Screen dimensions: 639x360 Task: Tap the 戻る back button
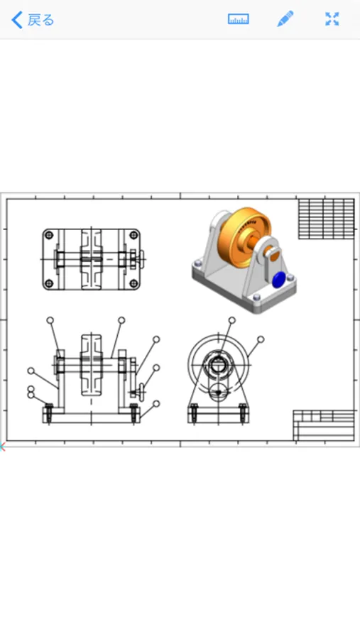click(33, 20)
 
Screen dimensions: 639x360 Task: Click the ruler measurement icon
click(238, 19)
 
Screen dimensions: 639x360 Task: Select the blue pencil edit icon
click(285, 19)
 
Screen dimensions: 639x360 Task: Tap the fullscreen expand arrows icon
click(332, 19)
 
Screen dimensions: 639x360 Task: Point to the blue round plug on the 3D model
click(278, 280)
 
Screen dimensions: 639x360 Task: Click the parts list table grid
click(325, 219)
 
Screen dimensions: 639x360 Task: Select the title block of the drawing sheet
click(324, 425)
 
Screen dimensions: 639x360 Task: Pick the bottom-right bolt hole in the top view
click(133, 283)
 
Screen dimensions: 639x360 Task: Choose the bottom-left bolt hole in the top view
click(49, 283)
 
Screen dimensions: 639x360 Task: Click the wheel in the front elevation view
click(92, 366)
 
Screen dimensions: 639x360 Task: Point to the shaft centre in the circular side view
click(217, 366)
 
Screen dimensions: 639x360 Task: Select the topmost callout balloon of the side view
click(231, 320)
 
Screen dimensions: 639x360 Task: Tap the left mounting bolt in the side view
click(193, 413)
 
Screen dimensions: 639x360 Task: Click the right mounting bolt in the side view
click(242, 413)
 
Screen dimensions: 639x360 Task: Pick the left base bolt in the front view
click(49, 413)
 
